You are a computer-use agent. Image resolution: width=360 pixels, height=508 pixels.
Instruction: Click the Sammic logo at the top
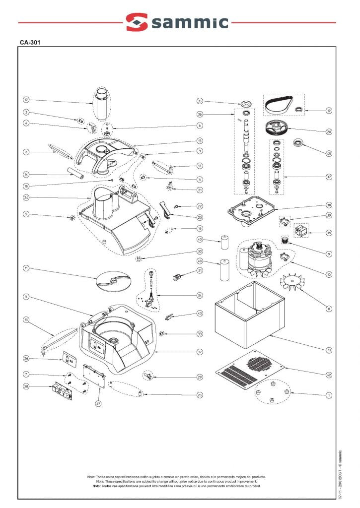[177, 22]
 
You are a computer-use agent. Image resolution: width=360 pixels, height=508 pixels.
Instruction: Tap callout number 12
[26, 100]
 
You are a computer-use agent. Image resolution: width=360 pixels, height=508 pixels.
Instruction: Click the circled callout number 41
[329, 350]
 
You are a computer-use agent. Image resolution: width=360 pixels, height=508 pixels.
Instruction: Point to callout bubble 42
[329, 375]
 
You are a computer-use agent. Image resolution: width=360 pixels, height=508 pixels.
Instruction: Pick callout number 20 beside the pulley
[329, 132]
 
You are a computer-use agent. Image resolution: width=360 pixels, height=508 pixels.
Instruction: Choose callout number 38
[329, 205]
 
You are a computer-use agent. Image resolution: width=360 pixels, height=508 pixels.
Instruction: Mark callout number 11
[26, 268]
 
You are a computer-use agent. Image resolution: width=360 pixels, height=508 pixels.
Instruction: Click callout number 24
[26, 197]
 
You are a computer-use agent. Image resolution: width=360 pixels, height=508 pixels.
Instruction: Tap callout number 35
[200, 101]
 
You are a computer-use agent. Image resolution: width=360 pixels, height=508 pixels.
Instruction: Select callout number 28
[26, 386]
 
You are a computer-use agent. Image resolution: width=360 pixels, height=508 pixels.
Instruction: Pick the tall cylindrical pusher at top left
[102, 103]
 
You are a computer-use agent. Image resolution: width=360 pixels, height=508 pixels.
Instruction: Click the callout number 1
[329, 395]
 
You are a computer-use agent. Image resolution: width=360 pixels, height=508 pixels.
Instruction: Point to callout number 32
[200, 352]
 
